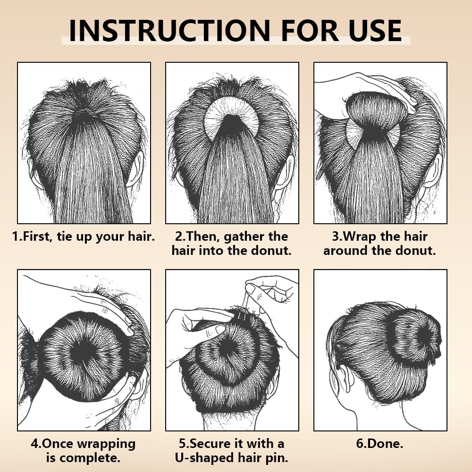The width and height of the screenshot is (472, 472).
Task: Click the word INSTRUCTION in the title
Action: point(169,30)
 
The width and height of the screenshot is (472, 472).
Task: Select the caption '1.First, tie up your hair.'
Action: point(84,236)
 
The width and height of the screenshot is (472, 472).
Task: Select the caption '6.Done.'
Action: point(380,444)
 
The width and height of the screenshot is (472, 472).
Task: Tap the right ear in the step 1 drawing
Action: point(136,170)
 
